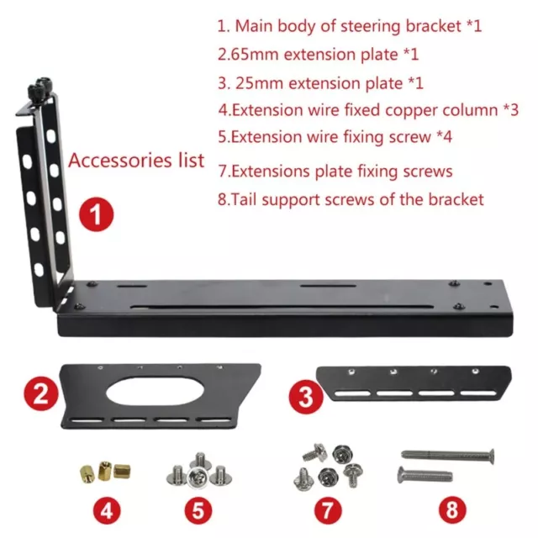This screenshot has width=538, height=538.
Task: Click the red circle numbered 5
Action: (x=200, y=509)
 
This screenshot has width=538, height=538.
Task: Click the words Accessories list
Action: (x=136, y=160)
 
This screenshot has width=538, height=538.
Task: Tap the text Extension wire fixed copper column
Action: (x=368, y=109)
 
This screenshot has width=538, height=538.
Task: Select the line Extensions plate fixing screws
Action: (x=335, y=171)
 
